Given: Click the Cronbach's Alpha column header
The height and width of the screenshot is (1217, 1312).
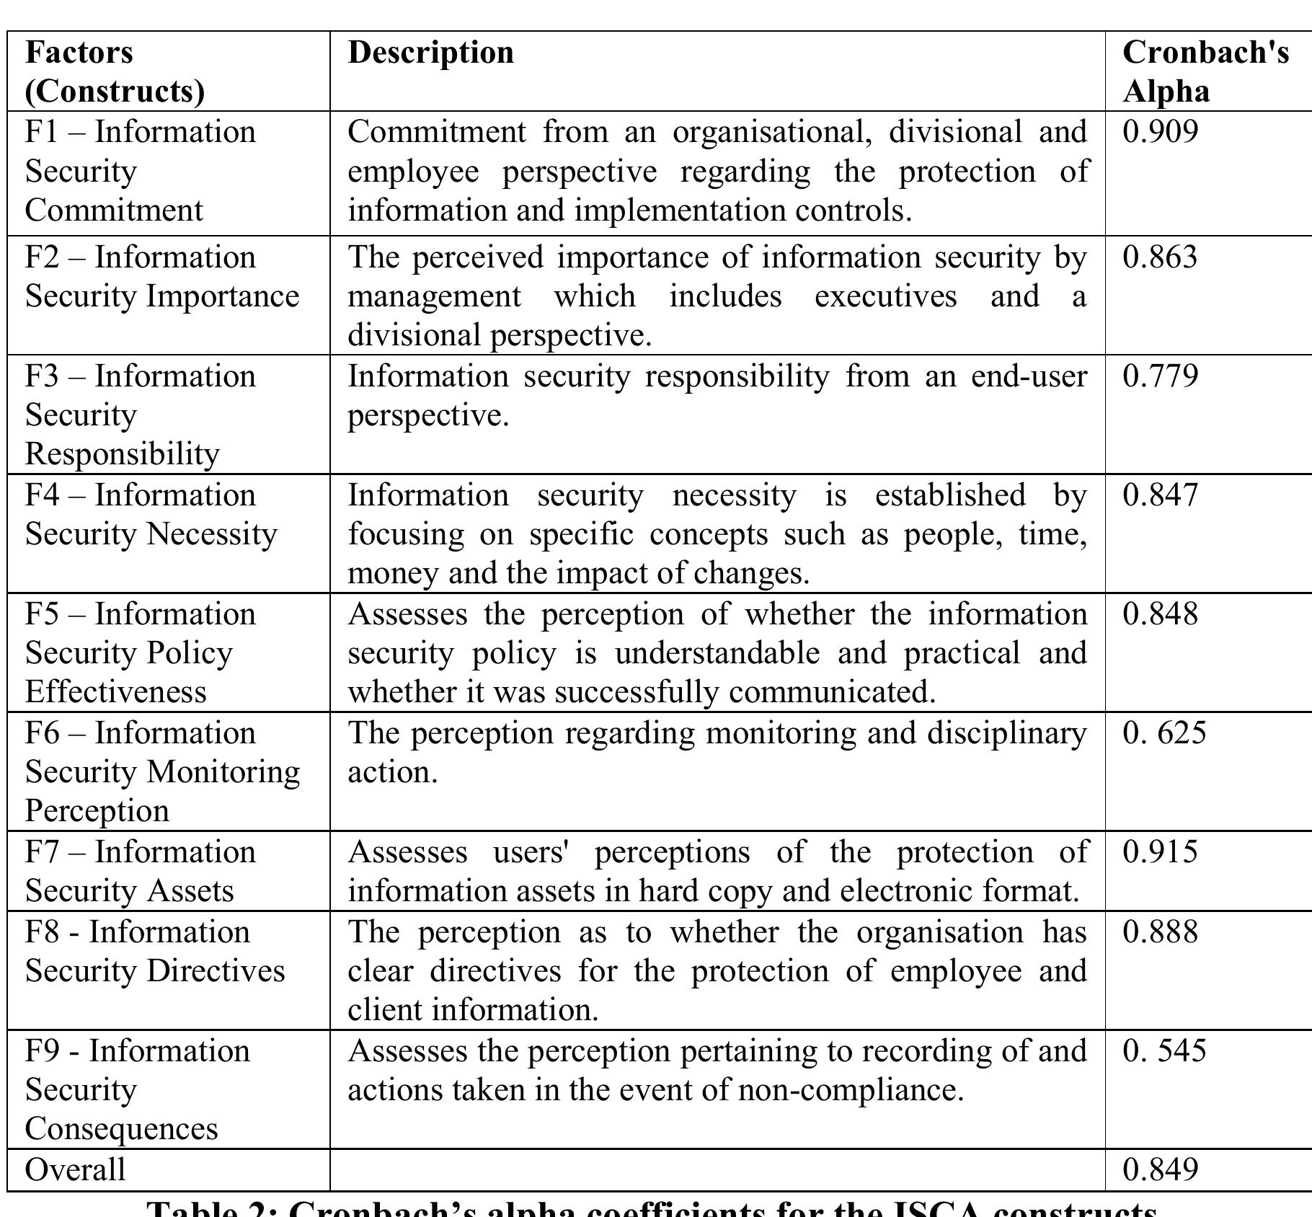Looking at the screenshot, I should pyautogui.click(x=1205, y=71).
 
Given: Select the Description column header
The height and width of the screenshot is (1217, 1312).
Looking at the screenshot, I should pyautogui.click(x=430, y=53).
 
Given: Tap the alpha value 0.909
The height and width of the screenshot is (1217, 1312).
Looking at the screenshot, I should pyautogui.click(x=1160, y=132).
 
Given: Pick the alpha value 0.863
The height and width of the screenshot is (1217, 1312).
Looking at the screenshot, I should pyautogui.click(x=1160, y=257).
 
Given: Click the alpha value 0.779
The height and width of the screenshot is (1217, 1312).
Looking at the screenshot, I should pyautogui.click(x=1160, y=376).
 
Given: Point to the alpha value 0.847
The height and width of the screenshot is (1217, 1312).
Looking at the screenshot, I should pyautogui.click(x=1160, y=495).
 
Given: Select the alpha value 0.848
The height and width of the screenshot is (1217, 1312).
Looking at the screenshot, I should pyautogui.click(x=1160, y=614).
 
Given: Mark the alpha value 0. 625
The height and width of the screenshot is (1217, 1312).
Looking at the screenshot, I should pyautogui.click(x=1164, y=733).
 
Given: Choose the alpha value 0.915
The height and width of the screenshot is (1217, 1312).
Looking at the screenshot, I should pyautogui.click(x=1160, y=852).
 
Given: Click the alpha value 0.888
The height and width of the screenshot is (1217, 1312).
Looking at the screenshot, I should pyautogui.click(x=1160, y=932).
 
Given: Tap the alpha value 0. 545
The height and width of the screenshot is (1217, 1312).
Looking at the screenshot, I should pyautogui.click(x=1164, y=1051).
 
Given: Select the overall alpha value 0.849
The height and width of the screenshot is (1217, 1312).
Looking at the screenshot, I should pyautogui.click(x=1160, y=1169).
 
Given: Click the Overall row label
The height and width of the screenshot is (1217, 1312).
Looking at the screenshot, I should pyautogui.click(x=75, y=1169).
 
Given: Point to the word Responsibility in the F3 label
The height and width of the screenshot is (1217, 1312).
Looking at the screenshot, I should pyautogui.click(x=123, y=454).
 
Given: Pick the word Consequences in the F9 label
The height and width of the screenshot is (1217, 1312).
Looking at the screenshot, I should pyautogui.click(x=121, y=1129).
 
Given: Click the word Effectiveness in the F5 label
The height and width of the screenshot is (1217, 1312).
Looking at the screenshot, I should pyautogui.click(x=116, y=692).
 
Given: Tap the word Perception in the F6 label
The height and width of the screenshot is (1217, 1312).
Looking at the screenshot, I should pyautogui.click(x=97, y=811).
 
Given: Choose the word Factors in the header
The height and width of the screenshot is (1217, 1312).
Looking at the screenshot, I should pyautogui.click(x=79, y=53).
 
